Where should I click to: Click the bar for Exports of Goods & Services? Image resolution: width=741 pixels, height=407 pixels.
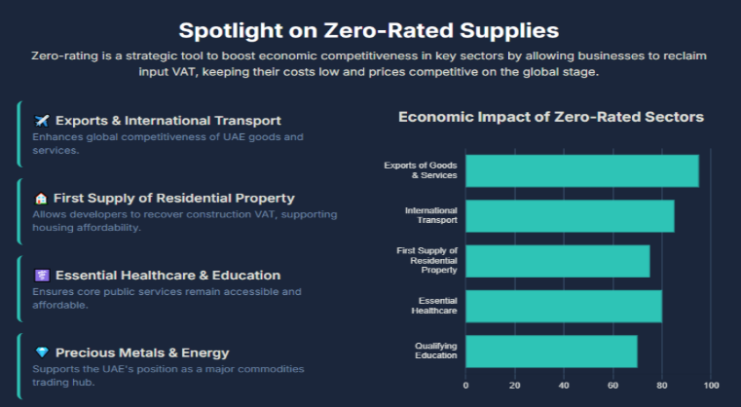pyautogui.click(x=581, y=171)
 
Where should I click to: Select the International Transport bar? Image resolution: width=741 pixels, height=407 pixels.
pyautogui.click(x=570, y=216)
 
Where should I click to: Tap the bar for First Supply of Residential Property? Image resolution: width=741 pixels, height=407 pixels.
pyautogui.click(x=557, y=261)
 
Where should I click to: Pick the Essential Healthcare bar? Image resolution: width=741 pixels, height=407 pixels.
pyautogui.click(x=563, y=306)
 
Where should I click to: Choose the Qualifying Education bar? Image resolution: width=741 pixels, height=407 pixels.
pyautogui.click(x=551, y=351)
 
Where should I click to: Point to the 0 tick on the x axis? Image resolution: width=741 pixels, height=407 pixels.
pyautogui.click(x=465, y=385)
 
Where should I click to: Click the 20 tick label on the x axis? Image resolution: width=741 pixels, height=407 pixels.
pyautogui.click(x=515, y=385)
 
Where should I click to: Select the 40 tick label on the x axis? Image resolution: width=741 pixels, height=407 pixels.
pyautogui.click(x=564, y=385)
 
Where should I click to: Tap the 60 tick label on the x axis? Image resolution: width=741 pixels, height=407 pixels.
pyautogui.click(x=612, y=385)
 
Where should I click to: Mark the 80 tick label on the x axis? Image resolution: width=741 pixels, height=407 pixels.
pyautogui.click(x=662, y=385)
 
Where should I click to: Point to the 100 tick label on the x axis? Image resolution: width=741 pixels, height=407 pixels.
pyautogui.click(x=711, y=385)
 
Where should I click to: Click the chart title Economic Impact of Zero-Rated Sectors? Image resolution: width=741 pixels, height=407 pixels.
pyautogui.click(x=550, y=117)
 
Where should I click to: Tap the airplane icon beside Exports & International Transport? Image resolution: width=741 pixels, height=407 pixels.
pyautogui.click(x=41, y=121)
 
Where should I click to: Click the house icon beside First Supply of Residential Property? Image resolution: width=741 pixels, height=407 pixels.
pyautogui.click(x=41, y=199)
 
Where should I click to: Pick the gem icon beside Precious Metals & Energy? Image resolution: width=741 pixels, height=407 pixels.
pyautogui.click(x=41, y=352)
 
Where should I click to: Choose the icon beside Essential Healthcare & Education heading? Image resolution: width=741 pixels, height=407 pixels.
pyautogui.click(x=41, y=276)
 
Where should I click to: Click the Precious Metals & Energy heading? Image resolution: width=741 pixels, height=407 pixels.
pyautogui.click(x=142, y=352)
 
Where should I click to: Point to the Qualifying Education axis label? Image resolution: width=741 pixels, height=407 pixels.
pyautogui.click(x=435, y=351)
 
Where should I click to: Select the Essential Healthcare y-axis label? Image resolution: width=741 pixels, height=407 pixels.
pyautogui.click(x=437, y=306)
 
